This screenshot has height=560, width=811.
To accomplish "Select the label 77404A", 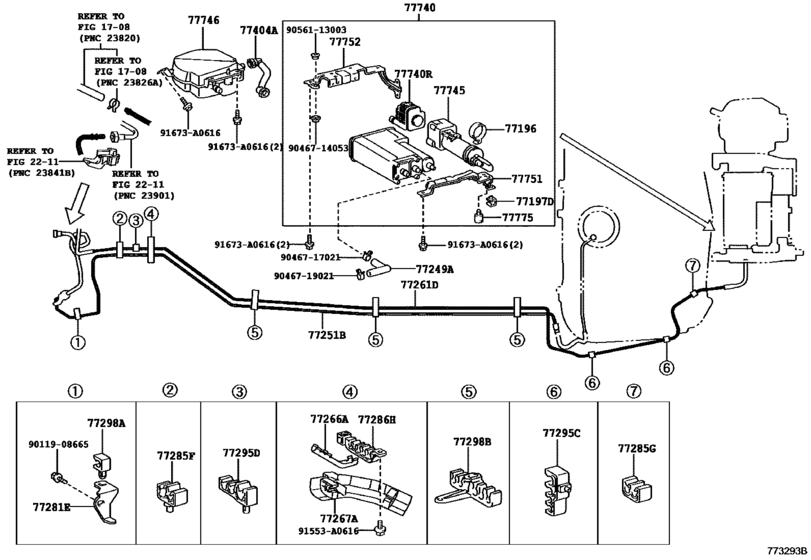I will [x=258, y=31].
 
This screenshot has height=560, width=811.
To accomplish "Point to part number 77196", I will [x=519, y=129].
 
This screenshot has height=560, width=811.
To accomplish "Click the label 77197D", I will [x=534, y=201].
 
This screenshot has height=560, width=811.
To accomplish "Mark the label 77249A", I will [x=434, y=269].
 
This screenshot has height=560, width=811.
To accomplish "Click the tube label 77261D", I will [x=420, y=285].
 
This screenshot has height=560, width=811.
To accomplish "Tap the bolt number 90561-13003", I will [x=341, y=32].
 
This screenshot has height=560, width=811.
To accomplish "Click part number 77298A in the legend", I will [x=105, y=423].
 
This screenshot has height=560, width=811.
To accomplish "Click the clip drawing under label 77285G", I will [x=634, y=488].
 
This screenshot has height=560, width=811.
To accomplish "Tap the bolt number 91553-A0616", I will [x=329, y=533].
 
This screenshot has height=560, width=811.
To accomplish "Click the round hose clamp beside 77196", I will [x=478, y=129].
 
